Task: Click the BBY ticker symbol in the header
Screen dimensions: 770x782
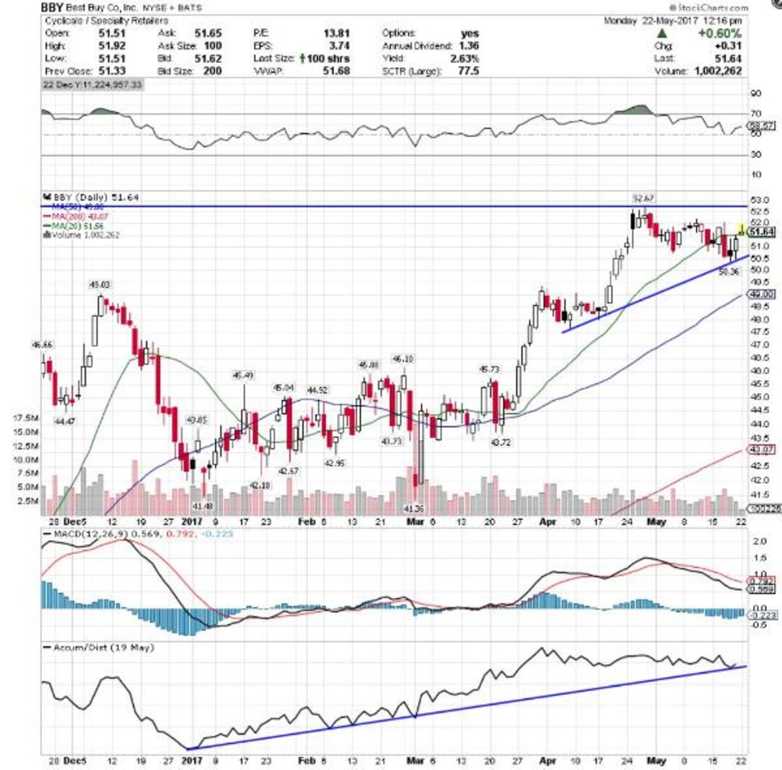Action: click(x=52, y=8)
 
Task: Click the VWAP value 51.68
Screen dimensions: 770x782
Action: click(x=337, y=70)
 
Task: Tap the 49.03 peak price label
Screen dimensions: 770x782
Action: click(x=100, y=285)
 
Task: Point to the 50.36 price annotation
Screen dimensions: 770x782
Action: click(x=729, y=272)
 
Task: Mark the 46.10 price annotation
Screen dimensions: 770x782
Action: click(x=402, y=359)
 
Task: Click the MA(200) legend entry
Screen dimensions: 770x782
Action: click(x=76, y=216)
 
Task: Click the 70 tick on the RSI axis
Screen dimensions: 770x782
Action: click(x=755, y=113)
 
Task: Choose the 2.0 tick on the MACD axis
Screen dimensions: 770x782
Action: click(x=759, y=541)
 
